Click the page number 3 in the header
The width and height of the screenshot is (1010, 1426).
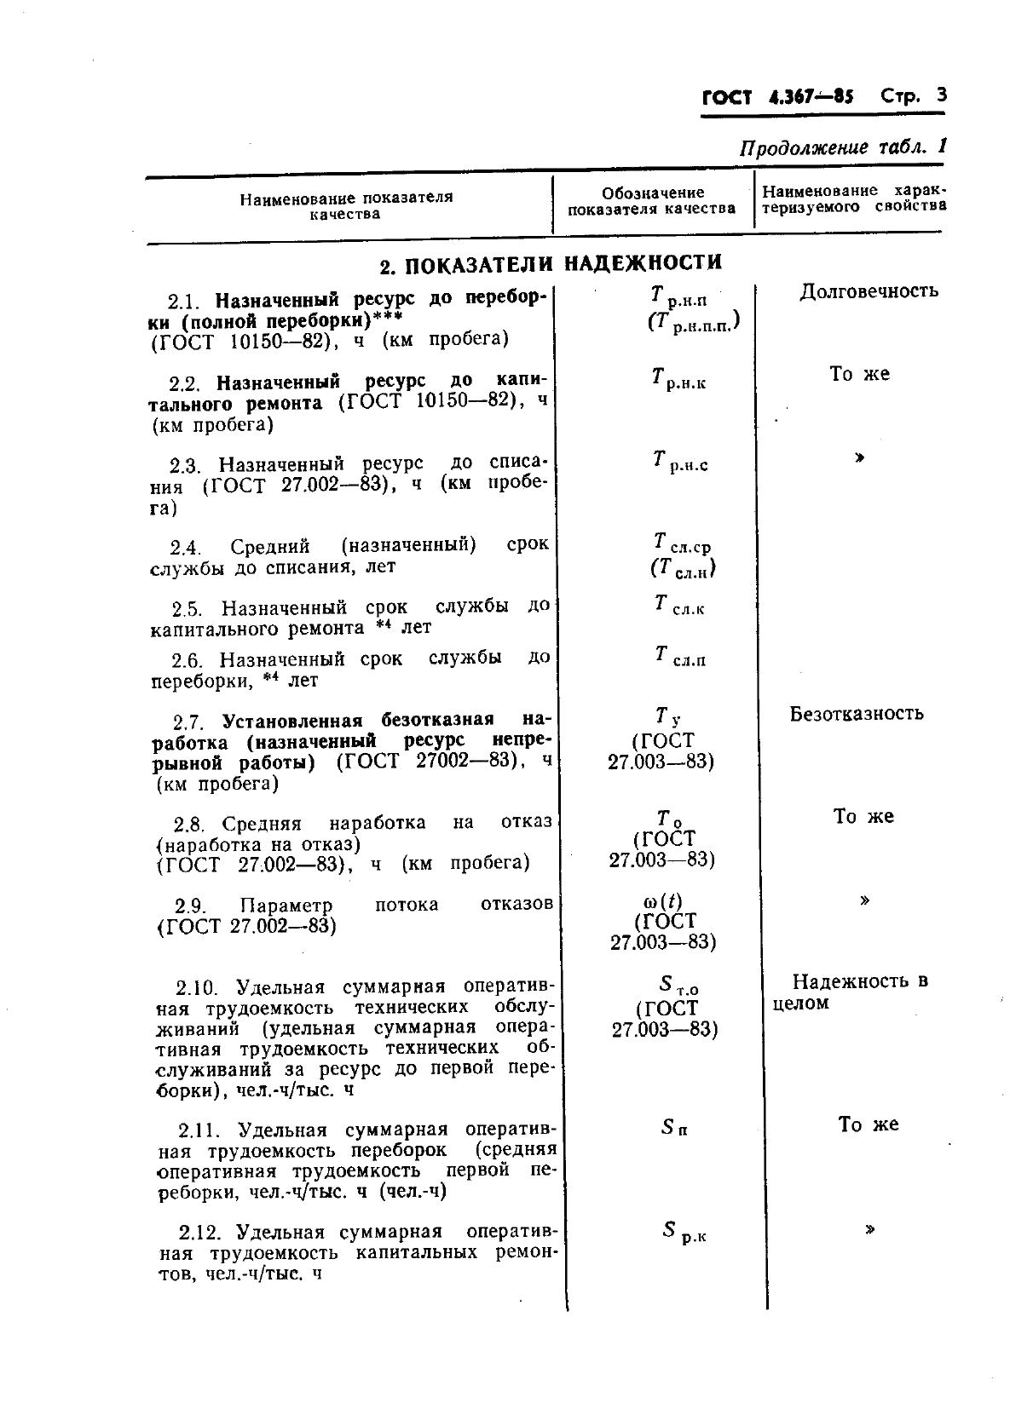(x=941, y=95)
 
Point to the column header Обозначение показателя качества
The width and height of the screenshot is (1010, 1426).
(x=652, y=201)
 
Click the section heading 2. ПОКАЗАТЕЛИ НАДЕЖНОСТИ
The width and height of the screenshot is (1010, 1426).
(x=551, y=264)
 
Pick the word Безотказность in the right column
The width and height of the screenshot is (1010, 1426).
(x=856, y=714)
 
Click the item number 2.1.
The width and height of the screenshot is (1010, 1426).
(x=183, y=301)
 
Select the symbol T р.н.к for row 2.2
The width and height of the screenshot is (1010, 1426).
(x=678, y=378)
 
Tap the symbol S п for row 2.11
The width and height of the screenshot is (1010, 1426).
(x=674, y=1127)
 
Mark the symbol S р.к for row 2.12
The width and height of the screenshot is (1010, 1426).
(x=683, y=1232)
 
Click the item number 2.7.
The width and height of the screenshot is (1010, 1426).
(x=190, y=722)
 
